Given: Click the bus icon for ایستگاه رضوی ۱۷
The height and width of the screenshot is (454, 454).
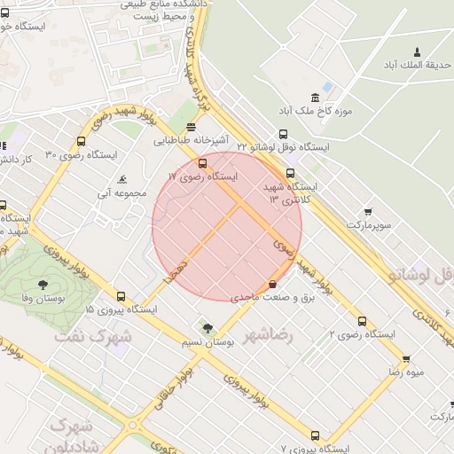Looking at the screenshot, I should click(x=203, y=163).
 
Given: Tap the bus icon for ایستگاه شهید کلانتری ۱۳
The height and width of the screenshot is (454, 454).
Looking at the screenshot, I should click(x=290, y=173).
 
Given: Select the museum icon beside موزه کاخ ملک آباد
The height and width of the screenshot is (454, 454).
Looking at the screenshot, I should click(x=315, y=98).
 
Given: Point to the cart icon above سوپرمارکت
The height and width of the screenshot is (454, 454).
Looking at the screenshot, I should click(x=368, y=211).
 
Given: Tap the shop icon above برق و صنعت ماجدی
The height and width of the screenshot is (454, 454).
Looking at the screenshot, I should click(x=271, y=285).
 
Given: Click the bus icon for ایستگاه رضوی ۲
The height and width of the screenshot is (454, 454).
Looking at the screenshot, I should click(x=361, y=321).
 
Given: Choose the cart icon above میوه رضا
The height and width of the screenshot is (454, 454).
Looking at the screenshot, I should click(x=405, y=358).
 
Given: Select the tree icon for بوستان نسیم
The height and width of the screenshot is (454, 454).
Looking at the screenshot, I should click(x=207, y=328).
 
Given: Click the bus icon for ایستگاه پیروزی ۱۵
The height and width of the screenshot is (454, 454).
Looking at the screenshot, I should click(x=121, y=297).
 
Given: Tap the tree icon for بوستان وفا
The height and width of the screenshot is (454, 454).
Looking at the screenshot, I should click(x=43, y=284).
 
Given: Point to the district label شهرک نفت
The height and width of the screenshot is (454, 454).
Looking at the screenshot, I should click(x=92, y=338).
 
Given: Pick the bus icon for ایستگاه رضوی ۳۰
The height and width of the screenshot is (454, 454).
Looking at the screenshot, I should click(x=82, y=141).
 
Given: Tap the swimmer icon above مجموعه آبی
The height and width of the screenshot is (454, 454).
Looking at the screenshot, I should click(x=121, y=178).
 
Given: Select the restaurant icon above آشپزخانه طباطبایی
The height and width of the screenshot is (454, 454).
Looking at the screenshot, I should click(x=192, y=127).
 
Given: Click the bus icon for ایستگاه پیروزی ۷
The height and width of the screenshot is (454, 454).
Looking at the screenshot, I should click(x=315, y=434).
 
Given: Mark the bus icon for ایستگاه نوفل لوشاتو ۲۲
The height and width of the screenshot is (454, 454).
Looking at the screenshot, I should click(x=283, y=130).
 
